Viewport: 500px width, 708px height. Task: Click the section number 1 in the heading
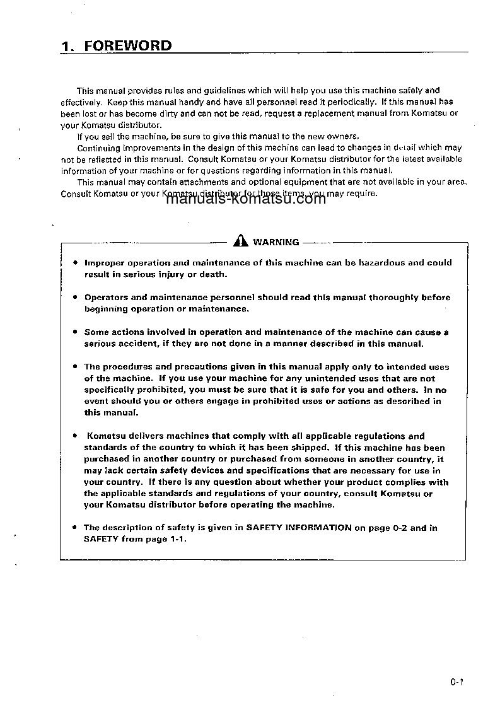[65, 46]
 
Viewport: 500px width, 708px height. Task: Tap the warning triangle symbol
[240, 241]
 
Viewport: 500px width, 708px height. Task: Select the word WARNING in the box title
[276, 242]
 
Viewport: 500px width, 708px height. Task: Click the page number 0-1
[457, 682]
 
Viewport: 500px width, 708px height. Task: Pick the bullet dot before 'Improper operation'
[75, 263]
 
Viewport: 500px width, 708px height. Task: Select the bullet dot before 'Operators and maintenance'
[75, 297]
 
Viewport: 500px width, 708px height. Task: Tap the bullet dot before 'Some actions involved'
[75, 332]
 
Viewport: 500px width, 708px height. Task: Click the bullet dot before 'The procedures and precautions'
[75, 366]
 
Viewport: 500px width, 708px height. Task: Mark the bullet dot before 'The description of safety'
[75, 527]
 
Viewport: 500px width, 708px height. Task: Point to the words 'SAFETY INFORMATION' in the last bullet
[299, 528]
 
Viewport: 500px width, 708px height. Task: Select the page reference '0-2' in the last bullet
[398, 528]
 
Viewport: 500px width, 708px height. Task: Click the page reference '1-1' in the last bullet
[176, 539]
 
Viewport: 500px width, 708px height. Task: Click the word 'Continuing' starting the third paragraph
[97, 148]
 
